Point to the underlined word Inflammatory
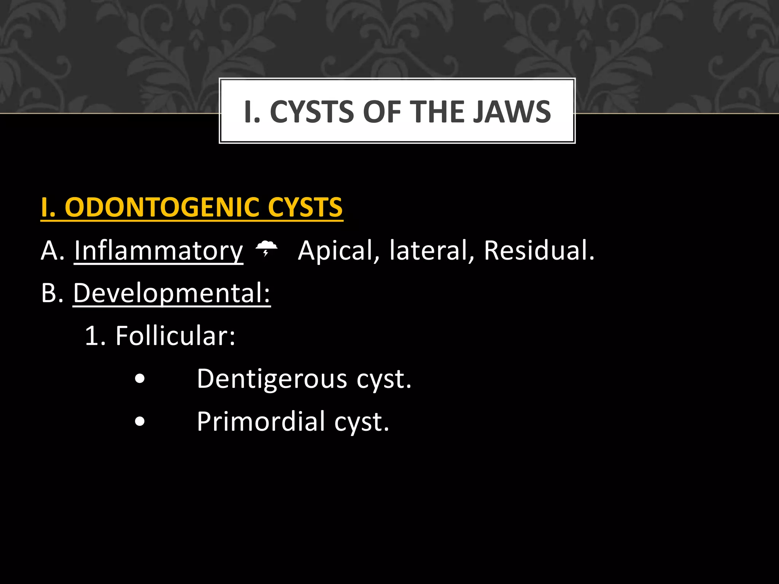[x=159, y=251]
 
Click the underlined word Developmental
[x=172, y=293]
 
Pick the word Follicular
[x=175, y=336]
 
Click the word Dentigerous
[x=272, y=379]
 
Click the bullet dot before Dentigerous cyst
[x=140, y=379]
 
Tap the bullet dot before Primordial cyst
[x=140, y=422]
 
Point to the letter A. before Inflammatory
[x=52, y=251]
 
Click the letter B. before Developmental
[x=52, y=293]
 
